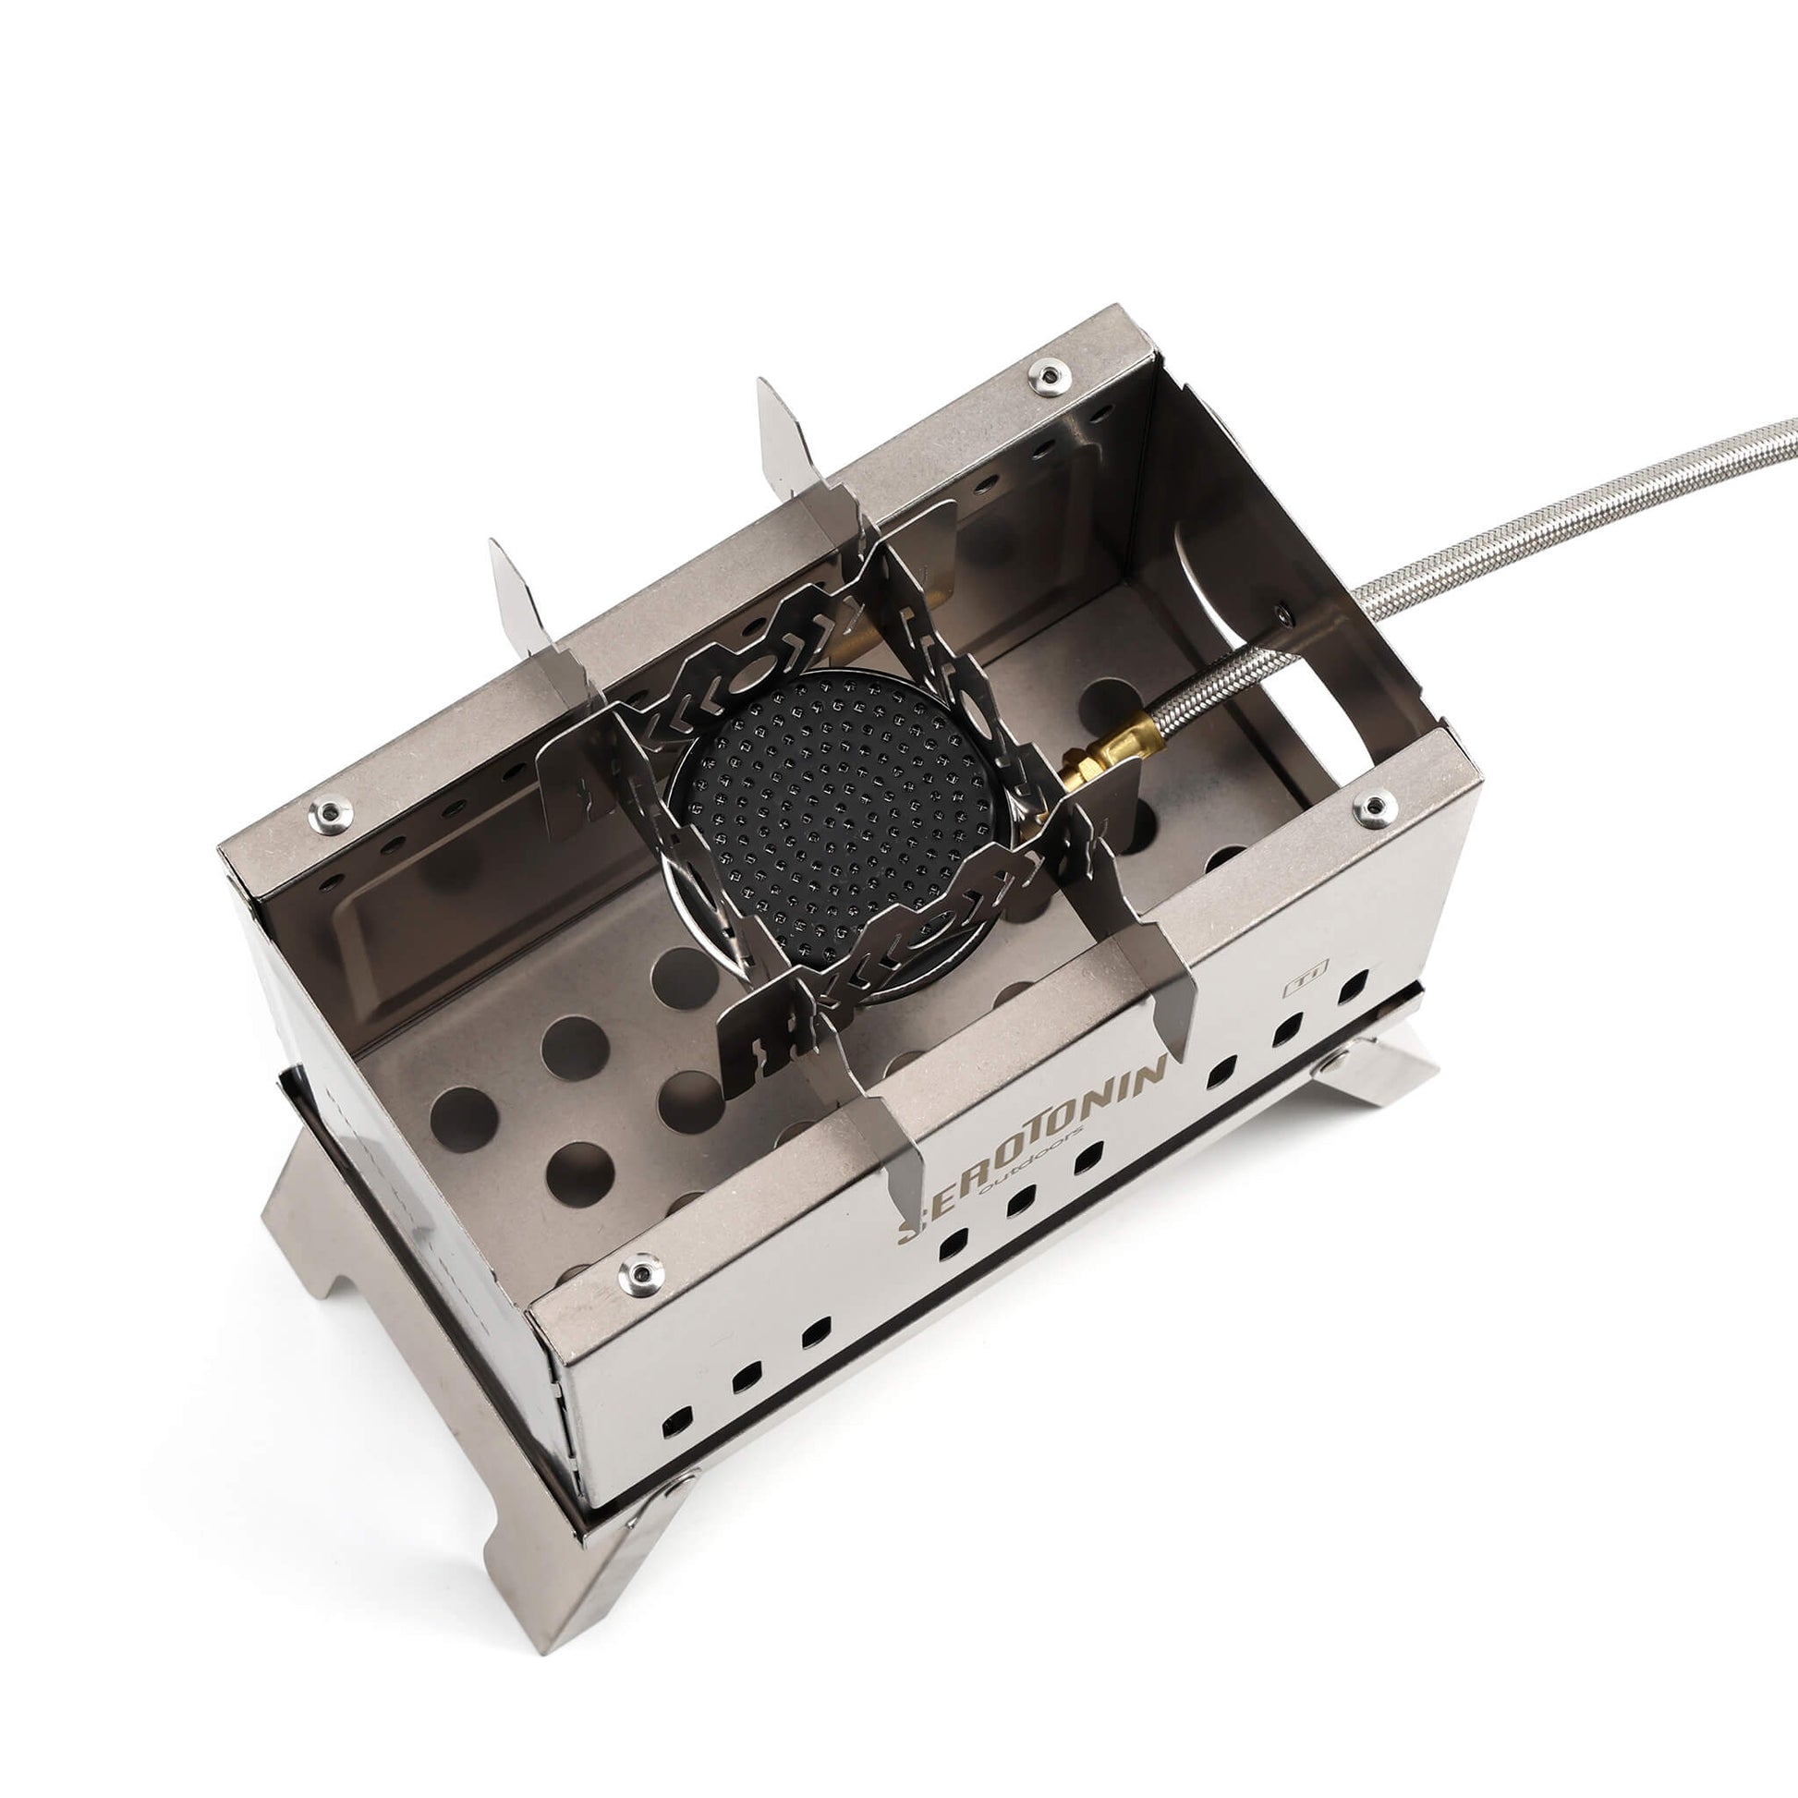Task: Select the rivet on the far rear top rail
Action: click(1048, 375)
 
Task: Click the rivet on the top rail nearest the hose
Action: click(1374, 808)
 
